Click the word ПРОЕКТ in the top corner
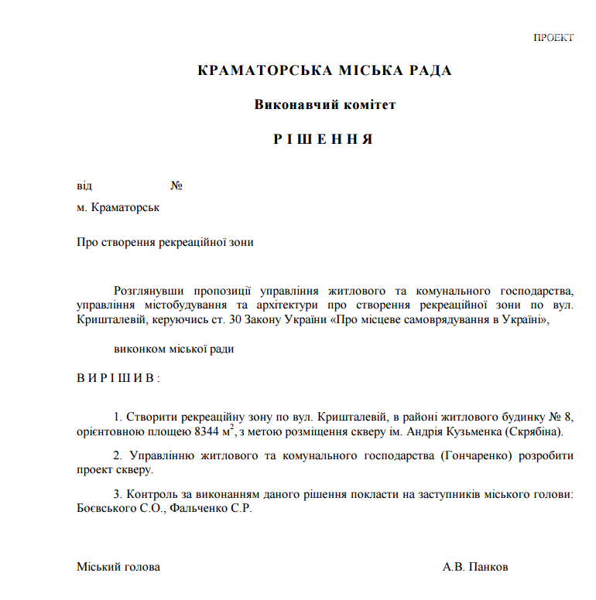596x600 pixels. [x=553, y=38]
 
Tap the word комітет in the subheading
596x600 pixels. [x=368, y=104]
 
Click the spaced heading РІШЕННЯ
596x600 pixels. [x=324, y=139]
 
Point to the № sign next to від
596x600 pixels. [x=176, y=186]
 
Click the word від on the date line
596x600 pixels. [x=84, y=186]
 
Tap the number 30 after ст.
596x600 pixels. [x=244, y=319]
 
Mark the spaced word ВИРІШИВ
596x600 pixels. [x=118, y=378]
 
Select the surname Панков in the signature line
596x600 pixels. [x=492, y=567]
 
